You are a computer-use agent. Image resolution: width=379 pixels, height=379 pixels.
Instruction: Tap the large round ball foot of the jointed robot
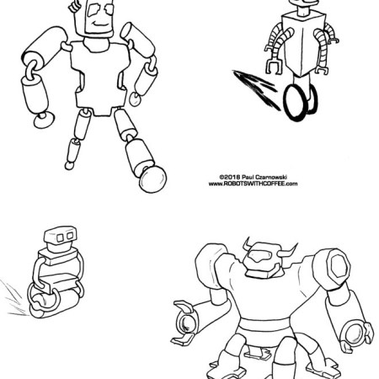click(152, 179)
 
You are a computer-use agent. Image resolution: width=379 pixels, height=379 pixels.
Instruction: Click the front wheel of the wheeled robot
click(295, 103)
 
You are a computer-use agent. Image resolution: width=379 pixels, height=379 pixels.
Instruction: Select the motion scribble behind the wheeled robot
click(256, 89)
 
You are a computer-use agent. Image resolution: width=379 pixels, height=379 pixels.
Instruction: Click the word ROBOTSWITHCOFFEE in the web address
click(254, 184)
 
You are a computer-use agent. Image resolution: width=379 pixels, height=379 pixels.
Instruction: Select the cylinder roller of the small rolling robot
click(54, 304)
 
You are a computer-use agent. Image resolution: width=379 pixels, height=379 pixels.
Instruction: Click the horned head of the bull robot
click(262, 259)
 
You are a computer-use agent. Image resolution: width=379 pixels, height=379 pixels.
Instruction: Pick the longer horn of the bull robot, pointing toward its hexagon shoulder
click(287, 252)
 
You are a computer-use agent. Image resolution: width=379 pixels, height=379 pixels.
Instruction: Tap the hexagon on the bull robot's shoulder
click(339, 266)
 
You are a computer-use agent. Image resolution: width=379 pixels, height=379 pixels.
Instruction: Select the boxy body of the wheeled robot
click(304, 45)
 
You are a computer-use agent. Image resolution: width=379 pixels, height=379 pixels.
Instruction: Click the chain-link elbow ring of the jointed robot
click(31, 70)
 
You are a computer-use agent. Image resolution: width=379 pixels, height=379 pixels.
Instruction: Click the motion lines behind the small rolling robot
click(14, 297)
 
